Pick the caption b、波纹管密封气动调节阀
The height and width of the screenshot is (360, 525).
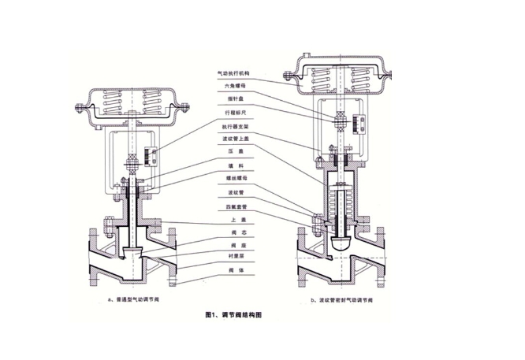point(346,301)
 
